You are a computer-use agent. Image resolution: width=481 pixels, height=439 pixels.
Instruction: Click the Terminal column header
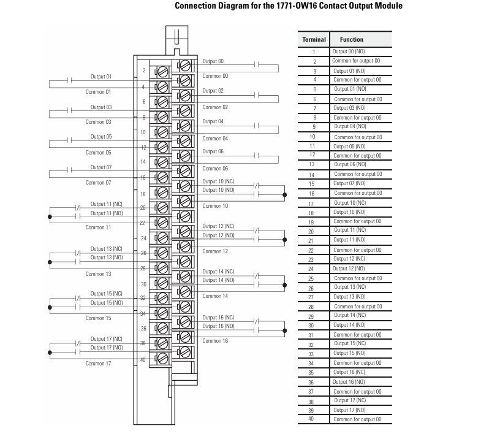click(314, 40)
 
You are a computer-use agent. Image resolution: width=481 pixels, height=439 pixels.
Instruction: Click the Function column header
click(352, 40)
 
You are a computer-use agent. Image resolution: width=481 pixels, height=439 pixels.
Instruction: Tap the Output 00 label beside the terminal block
click(213, 61)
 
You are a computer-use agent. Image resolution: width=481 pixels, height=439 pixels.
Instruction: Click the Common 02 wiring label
click(215, 107)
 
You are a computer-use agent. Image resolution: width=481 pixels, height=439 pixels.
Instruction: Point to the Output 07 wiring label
click(101, 167)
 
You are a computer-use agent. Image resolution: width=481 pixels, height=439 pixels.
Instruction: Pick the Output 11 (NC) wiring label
click(106, 204)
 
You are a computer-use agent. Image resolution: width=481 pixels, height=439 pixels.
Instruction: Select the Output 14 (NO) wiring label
click(218, 280)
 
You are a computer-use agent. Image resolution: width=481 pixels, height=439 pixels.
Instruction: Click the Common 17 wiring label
click(98, 364)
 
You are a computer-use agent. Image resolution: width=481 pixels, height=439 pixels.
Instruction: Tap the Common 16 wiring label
click(215, 341)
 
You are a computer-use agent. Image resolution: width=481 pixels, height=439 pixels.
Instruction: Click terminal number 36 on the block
click(143, 329)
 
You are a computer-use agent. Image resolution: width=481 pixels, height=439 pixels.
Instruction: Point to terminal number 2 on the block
click(144, 71)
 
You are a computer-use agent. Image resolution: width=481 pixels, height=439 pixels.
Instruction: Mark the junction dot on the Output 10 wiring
click(285, 194)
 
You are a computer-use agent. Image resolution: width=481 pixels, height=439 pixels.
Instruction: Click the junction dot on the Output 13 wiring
click(50, 262)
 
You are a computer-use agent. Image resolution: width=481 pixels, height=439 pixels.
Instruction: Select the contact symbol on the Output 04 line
click(257, 126)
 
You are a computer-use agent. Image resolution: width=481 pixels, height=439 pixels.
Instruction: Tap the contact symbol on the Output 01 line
click(69, 80)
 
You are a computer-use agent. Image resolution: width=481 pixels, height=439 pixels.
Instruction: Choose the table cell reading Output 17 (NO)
click(349, 410)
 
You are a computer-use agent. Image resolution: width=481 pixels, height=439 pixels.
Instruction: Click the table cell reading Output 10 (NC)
click(350, 203)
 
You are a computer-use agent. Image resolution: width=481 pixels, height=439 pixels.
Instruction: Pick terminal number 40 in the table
click(311, 419)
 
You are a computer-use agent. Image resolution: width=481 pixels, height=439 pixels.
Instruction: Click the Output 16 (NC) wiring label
click(218, 318)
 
